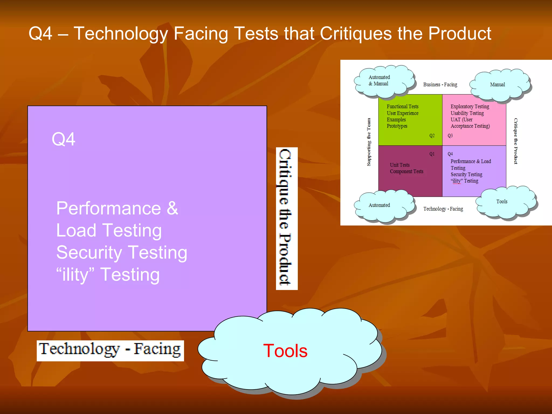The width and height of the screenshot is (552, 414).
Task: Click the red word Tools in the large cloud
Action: coord(285,351)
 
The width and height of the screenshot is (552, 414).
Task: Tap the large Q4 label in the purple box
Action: coord(63,139)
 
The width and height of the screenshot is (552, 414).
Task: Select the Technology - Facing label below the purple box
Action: coord(110,350)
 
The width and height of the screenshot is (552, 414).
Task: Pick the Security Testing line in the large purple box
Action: coord(122,253)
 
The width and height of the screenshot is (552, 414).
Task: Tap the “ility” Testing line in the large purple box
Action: coord(108,275)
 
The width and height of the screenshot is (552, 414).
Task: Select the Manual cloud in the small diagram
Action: coord(499,85)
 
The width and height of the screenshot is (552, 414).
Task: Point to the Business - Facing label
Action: coord(440,85)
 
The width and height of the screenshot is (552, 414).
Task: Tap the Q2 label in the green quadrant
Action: coord(432,136)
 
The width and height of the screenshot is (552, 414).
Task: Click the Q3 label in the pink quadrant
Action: coord(450,136)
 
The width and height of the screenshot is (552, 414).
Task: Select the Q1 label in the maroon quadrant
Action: coord(432,154)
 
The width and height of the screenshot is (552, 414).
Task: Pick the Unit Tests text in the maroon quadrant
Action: coord(400,165)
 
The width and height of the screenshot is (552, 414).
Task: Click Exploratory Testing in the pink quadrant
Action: coord(470,106)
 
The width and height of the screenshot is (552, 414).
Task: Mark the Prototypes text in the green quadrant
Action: coord(397,126)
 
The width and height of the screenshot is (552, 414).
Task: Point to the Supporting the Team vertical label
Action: coord(369,142)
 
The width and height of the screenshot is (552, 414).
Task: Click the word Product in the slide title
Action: coord(460,34)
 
